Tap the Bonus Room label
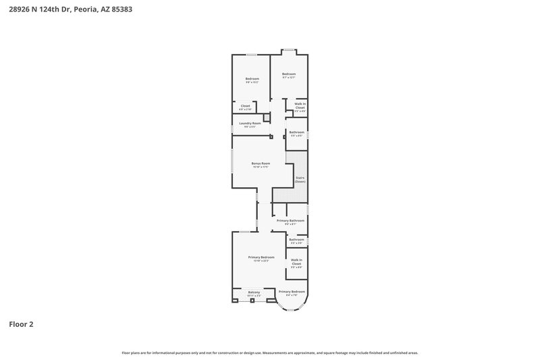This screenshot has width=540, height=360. pyautogui.click(x=261, y=163)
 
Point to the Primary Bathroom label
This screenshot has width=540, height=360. pyautogui.click(x=292, y=221)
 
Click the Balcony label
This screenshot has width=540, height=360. pyautogui.click(x=254, y=292)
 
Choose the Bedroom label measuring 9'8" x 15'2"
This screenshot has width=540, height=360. pyautogui.click(x=252, y=79)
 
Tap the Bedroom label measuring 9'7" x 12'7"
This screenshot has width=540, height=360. pyautogui.click(x=289, y=74)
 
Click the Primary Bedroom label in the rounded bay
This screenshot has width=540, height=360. pyautogui.click(x=292, y=291)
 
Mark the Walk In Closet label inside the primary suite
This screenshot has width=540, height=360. pyautogui.click(x=296, y=261)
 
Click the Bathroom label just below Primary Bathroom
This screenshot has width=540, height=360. pyautogui.click(x=296, y=239)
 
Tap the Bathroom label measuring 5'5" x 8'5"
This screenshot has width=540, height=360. pyautogui.click(x=296, y=132)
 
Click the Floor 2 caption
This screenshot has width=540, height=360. pyautogui.click(x=21, y=324)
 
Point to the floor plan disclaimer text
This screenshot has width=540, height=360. pyautogui.click(x=270, y=353)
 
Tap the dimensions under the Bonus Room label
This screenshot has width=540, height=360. pyautogui.click(x=261, y=167)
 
